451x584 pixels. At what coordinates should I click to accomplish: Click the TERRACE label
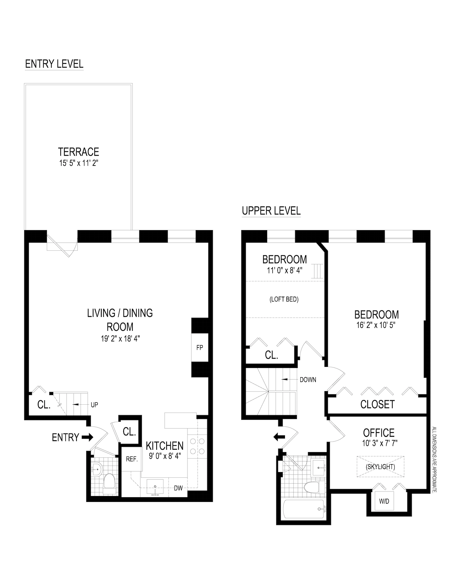[78, 152]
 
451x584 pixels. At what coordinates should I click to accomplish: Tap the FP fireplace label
[200, 347]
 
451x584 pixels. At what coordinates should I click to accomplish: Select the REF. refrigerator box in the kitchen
[132, 459]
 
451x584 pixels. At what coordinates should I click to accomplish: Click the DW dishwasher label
[178, 488]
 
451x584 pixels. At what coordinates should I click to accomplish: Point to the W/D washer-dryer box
[384, 501]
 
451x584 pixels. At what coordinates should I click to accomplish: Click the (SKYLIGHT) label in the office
[380, 467]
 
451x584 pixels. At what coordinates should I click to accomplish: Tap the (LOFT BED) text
[284, 299]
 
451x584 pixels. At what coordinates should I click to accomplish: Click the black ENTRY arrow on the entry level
[87, 437]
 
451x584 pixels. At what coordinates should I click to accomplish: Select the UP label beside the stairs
[94, 405]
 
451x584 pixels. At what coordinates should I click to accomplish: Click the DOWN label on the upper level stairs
[308, 380]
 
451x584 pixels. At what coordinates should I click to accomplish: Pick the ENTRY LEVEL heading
[54, 64]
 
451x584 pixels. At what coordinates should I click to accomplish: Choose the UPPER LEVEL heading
[271, 211]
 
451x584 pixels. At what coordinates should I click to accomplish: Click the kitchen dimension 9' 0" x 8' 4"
[165, 456]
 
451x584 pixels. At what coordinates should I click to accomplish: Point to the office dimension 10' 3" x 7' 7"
[380, 443]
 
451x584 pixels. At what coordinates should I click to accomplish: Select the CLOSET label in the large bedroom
[377, 404]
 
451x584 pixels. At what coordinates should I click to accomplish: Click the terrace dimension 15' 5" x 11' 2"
[78, 163]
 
